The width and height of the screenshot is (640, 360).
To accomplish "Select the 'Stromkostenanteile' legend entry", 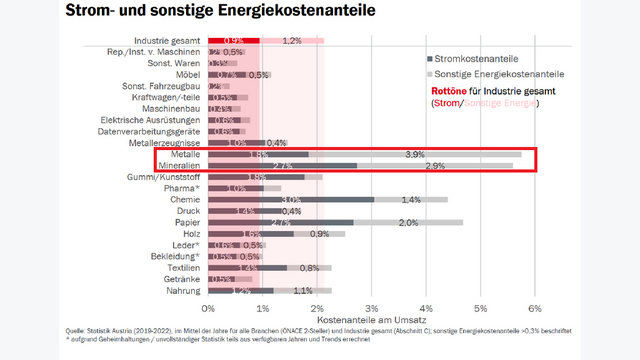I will [x=471, y=59].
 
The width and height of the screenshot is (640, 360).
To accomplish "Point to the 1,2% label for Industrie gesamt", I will [x=292, y=40].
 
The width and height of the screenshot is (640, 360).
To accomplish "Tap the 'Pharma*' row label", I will [x=184, y=188].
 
